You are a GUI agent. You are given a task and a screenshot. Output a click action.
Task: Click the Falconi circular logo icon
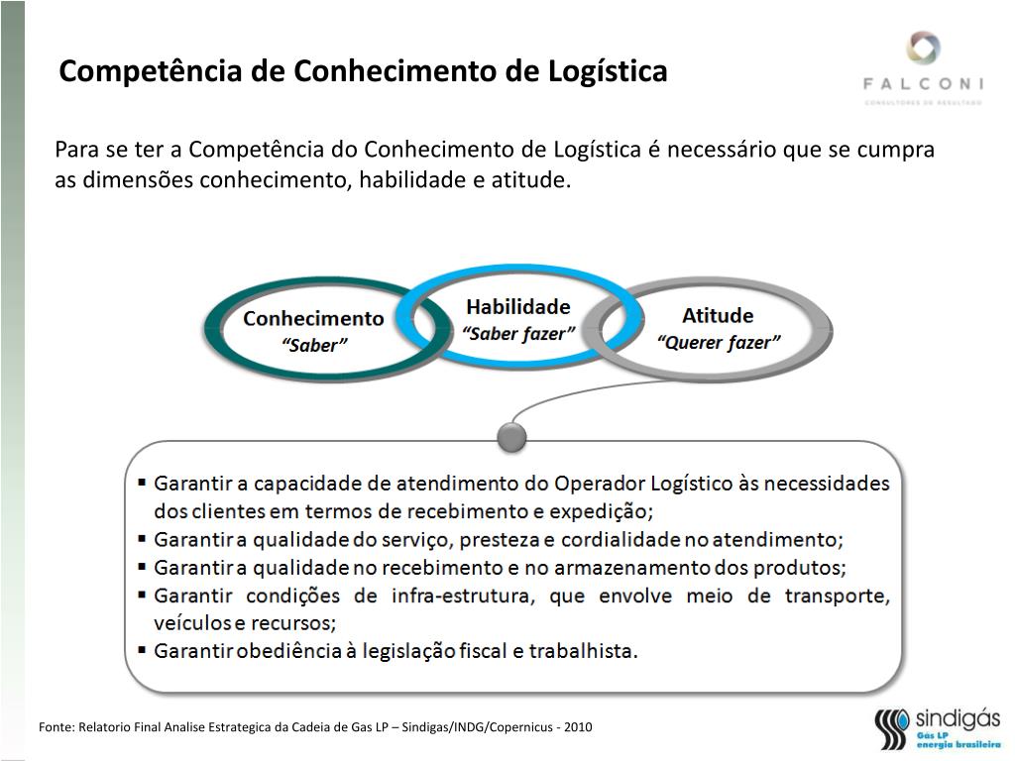click(x=923, y=49)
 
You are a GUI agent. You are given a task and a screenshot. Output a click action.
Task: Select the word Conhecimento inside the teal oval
click(x=313, y=319)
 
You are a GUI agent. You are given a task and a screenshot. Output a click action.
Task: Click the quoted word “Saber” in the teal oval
click(x=315, y=346)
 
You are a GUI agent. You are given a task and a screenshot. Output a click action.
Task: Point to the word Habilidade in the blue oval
click(x=518, y=306)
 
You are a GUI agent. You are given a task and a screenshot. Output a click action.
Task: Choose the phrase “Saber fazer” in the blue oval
click(x=518, y=334)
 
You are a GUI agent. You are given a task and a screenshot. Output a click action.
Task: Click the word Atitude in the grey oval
click(x=718, y=316)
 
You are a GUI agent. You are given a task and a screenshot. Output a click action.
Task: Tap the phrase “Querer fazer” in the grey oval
click(x=719, y=343)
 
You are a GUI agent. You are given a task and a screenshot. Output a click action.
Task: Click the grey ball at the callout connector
click(x=511, y=435)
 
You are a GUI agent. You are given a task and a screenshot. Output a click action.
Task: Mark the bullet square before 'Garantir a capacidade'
click(x=143, y=483)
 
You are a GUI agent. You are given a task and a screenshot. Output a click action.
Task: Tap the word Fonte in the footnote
click(x=56, y=727)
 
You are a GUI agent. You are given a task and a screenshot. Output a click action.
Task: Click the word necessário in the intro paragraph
click(x=721, y=150)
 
